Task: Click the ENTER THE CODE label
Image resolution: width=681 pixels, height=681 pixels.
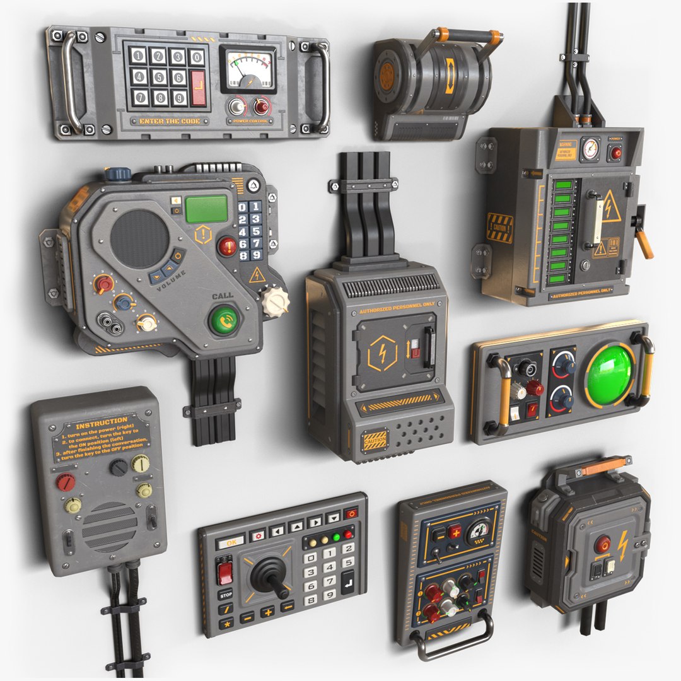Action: coord(170,121)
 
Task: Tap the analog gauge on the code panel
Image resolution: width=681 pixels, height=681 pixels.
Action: coord(248,70)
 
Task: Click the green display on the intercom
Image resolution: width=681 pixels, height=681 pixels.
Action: coord(206,209)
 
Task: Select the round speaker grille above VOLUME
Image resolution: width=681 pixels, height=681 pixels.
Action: coord(140,238)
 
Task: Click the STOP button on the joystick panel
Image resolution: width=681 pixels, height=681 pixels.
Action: coord(225,594)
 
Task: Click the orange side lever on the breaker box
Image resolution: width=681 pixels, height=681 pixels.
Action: coord(643,245)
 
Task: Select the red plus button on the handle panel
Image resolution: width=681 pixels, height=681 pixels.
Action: coord(454,532)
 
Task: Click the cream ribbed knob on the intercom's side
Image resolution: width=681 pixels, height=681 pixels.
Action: coord(276,302)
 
